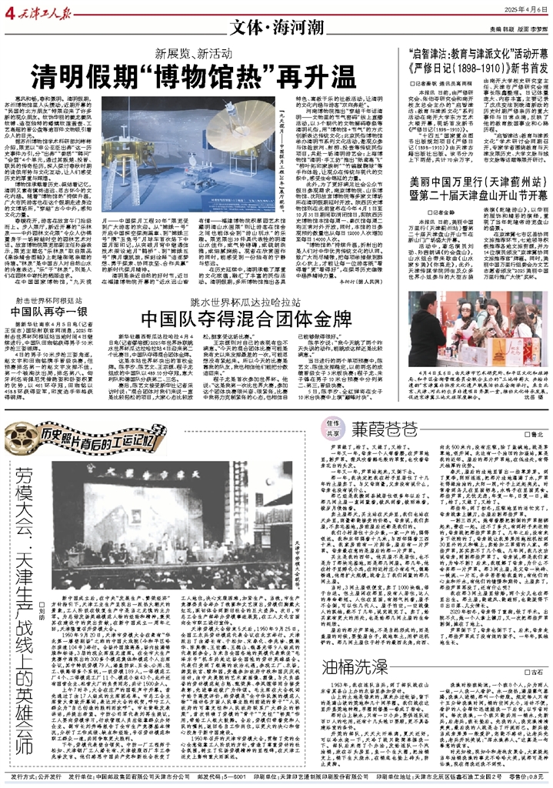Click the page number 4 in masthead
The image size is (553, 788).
pos(6,9)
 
